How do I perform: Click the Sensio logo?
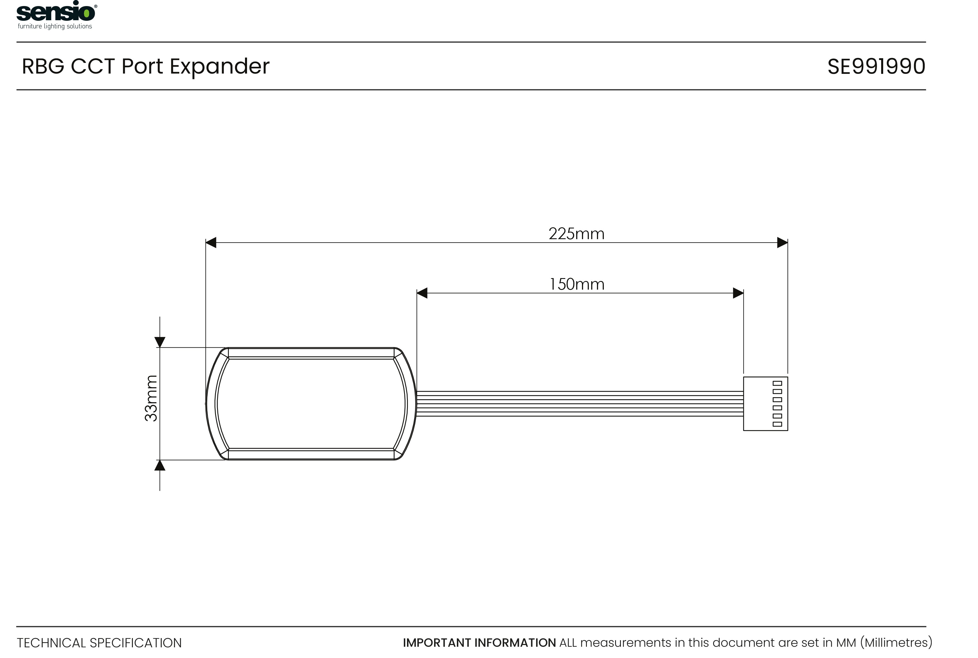[56, 12]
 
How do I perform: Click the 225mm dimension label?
[576, 234]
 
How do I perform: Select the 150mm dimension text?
[577, 284]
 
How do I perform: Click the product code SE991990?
[876, 66]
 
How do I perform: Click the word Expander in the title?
[219, 66]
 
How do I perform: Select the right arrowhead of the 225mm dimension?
[782, 243]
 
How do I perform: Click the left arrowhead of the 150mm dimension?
[422, 293]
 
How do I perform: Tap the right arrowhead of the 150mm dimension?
[738, 293]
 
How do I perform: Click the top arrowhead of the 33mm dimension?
[160, 342]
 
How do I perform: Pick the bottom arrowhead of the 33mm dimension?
[160, 465]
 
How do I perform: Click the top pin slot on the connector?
[777, 383]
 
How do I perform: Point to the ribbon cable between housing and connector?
[578, 404]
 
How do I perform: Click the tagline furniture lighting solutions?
[55, 27]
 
